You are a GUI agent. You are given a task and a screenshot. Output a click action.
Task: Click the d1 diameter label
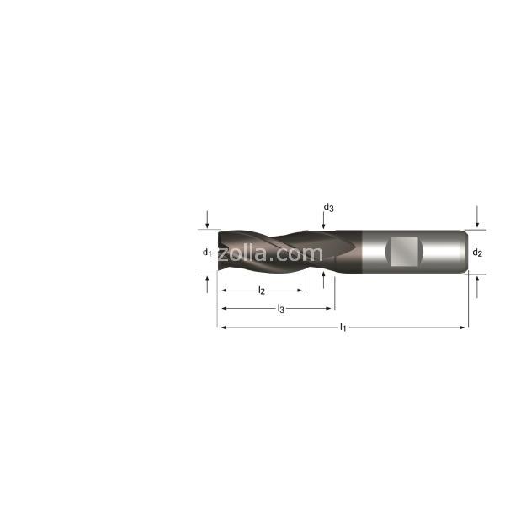tap(207, 252)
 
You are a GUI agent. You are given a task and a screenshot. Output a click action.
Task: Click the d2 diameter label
tap(477, 252)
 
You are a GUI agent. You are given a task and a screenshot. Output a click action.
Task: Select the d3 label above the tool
tap(328, 207)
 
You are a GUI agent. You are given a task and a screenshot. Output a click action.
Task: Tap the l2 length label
tap(262, 290)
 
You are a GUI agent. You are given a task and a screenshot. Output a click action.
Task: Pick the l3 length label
tap(281, 309)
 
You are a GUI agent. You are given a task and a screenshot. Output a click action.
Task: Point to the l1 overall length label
tap(343, 328)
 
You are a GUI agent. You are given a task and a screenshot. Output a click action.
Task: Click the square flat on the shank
tap(404, 252)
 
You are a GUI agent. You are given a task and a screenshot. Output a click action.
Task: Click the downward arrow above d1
tap(207, 220)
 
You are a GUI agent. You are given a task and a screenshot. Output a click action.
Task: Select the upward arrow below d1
tap(207, 284)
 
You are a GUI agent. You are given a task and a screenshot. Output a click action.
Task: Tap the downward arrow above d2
tap(477, 216)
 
